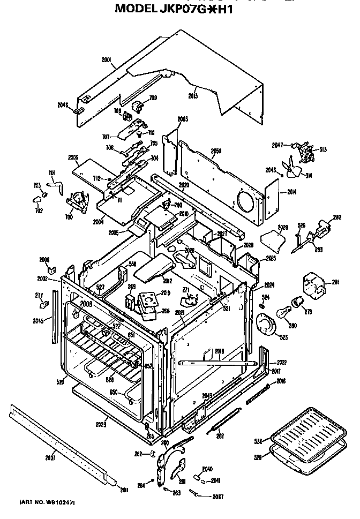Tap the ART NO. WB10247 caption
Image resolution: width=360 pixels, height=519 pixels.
pos(47,502)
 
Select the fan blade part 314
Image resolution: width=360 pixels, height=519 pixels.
pos(293,169)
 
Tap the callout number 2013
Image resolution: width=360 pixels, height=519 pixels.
pos(193,95)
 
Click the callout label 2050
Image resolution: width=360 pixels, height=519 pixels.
pos(216,151)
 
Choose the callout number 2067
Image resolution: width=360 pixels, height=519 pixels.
pos(217,497)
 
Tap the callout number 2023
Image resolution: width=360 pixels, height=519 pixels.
pos(101,425)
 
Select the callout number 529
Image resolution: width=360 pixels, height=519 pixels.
pos(259,457)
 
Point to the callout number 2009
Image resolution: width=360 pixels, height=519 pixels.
pos(73,157)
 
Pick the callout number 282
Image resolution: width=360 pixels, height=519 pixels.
pos(337,217)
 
